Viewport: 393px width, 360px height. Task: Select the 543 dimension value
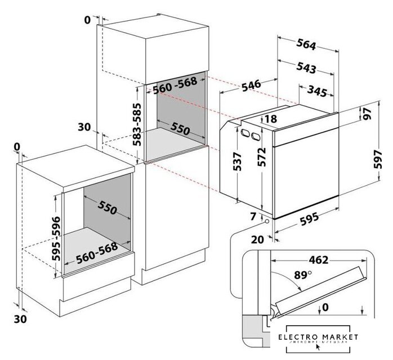point(305,68)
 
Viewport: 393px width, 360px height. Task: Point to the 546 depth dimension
point(251,85)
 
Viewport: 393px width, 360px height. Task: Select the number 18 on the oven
point(270,119)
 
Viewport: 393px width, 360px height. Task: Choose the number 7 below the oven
point(253,216)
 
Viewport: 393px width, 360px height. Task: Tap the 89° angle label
point(301,275)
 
